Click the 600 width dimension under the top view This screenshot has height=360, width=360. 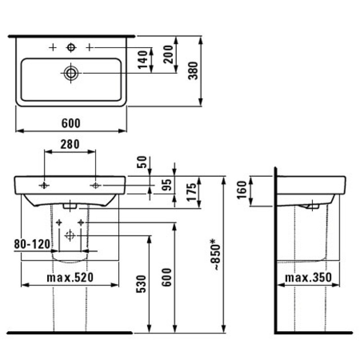[71, 123]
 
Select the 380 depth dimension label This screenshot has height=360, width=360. [193, 71]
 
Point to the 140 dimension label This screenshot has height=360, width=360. [143, 59]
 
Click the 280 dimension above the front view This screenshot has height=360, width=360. [70, 144]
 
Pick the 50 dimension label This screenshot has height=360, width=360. [142, 162]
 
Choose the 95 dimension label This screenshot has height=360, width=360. [166, 185]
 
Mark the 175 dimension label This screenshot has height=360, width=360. [192, 192]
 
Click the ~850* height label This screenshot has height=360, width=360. [215, 254]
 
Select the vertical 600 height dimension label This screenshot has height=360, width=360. [166, 277]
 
